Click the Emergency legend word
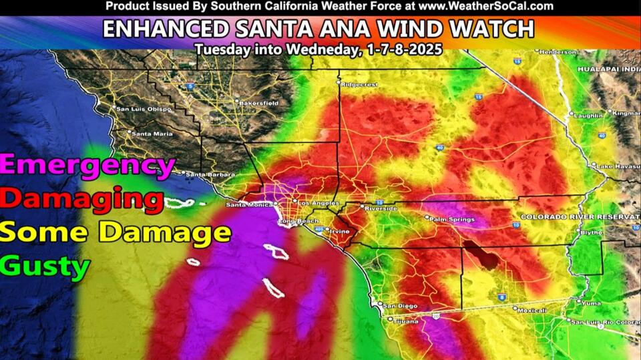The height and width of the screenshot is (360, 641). click(88, 165)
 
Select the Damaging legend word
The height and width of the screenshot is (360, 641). click(82, 199)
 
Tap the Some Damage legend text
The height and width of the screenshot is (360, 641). click(116, 232)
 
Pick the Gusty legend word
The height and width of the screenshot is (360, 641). click(45, 266)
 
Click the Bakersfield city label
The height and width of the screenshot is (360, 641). click(256, 103)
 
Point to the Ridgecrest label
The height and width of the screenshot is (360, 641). click(359, 85)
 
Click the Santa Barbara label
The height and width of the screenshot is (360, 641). click(210, 175)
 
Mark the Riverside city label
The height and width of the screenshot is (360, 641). click(379, 207)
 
